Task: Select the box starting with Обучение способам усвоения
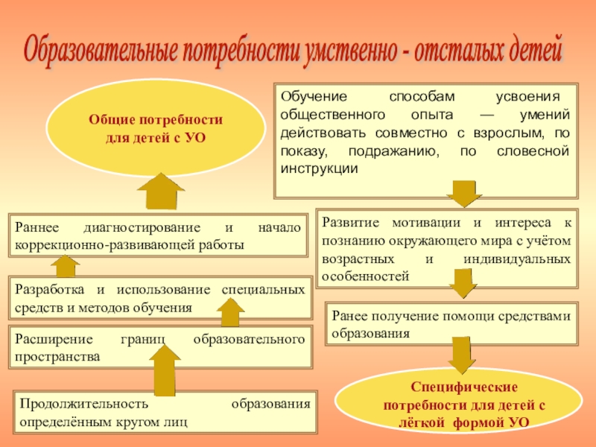(x=425, y=139)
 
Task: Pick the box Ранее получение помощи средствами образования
(x=452, y=324)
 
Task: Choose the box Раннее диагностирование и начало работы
(x=158, y=235)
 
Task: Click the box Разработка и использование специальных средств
(x=158, y=298)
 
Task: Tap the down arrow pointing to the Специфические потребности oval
(x=463, y=356)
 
